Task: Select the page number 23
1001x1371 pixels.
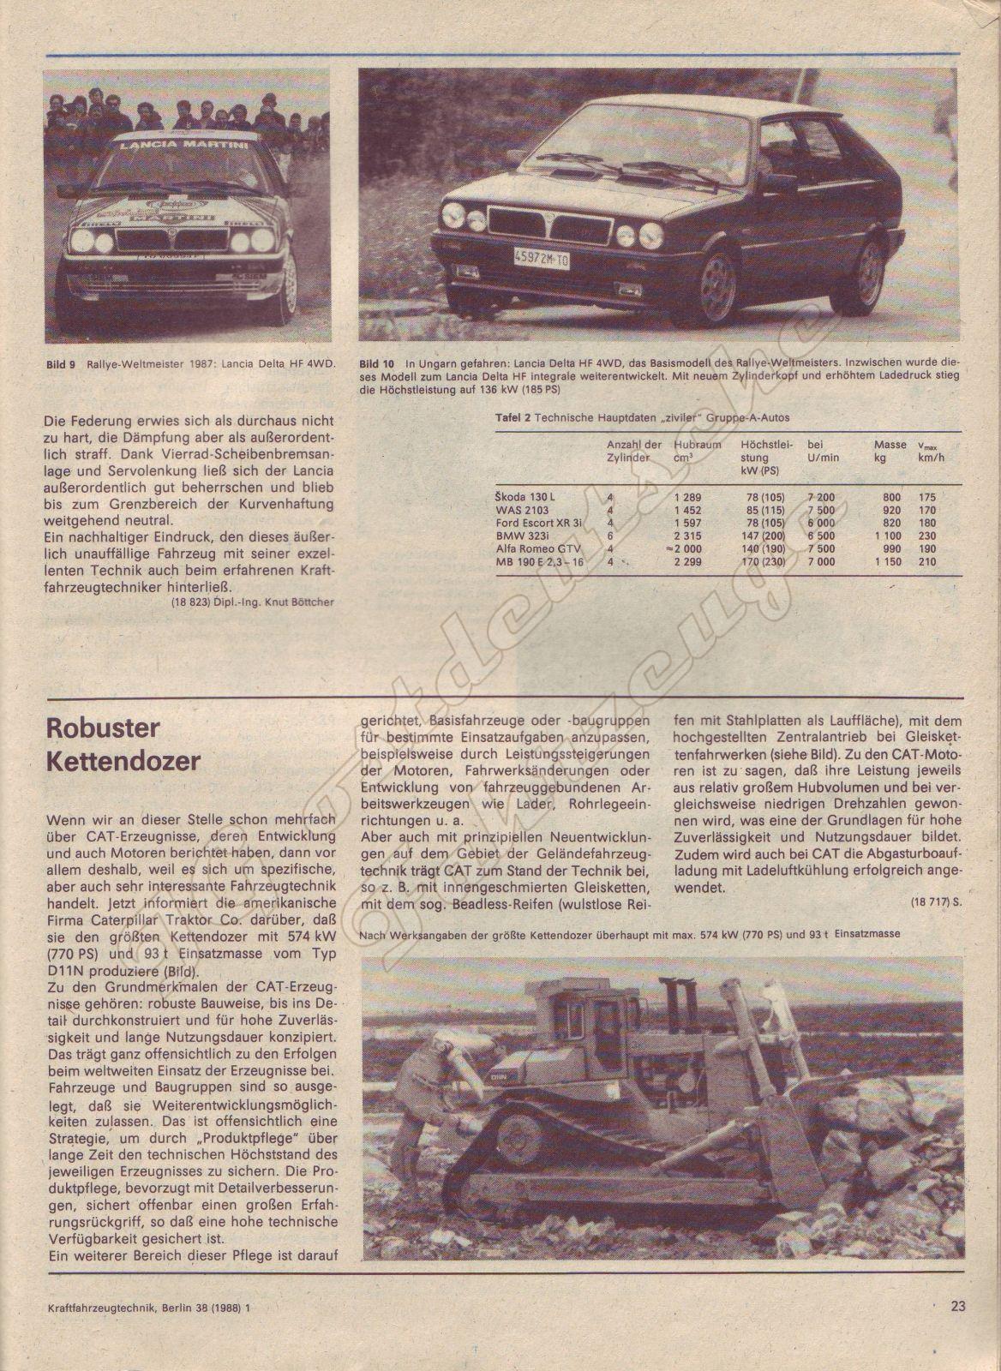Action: (958, 1306)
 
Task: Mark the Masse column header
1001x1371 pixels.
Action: (890, 445)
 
